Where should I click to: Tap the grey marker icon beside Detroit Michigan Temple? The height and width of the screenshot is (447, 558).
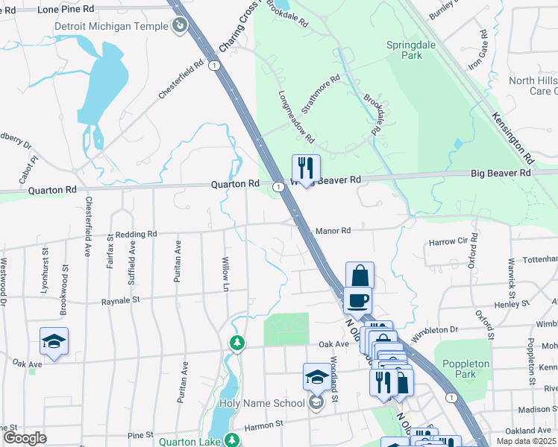pos(179,27)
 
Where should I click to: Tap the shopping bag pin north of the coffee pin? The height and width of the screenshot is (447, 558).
pos(360,276)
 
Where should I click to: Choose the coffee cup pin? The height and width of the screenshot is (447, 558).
pos(357,300)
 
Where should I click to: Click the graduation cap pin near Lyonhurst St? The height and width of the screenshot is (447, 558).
pos(54,341)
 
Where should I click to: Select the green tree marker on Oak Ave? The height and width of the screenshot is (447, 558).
pos(236,343)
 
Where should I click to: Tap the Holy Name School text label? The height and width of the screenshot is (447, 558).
pos(263,403)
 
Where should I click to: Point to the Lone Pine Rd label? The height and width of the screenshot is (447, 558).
pos(66,9)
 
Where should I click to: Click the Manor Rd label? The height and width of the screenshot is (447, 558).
pos(333,231)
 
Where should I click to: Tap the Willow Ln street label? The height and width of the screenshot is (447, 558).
pos(225,274)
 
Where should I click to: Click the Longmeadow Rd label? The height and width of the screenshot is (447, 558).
pos(297,117)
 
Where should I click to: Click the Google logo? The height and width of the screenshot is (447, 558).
pos(24,438)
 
